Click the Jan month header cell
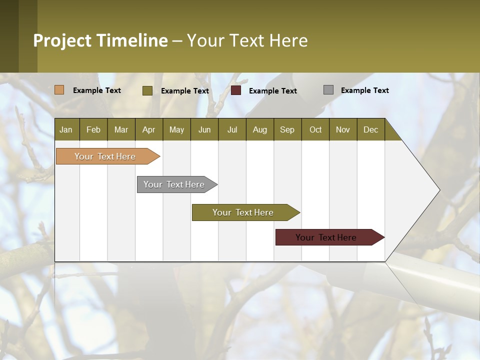(x=66, y=129)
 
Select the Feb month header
(x=93, y=129)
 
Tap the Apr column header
(x=149, y=129)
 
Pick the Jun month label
(x=204, y=129)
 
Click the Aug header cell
(x=260, y=129)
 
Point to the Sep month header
(x=287, y=129)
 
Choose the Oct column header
(x=315, y=129)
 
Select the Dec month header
(x=371, y=129)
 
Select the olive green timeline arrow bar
(x=243, y=212)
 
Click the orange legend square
(x=59, y=90)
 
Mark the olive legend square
(x=147, y=90)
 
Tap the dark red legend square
(x=236, y=90)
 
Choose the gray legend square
(x=328, y=90)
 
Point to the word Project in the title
(x=62, y=40)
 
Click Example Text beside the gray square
(x=364, y=90)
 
